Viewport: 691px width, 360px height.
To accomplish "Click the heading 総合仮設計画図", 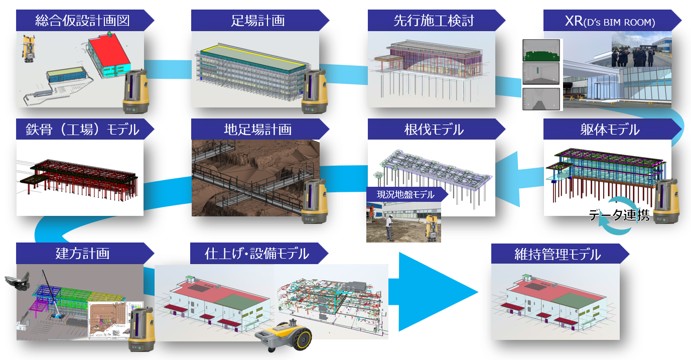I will tap(83, 21).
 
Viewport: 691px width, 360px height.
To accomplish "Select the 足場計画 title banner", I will tap(258, 21).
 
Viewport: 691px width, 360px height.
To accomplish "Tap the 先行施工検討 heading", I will tap(434, 21).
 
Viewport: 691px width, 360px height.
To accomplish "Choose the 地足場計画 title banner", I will tap(258, 130).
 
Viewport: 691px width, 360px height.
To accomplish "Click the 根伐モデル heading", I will tap(434, 130).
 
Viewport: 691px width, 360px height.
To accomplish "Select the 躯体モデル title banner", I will tap(610, 130).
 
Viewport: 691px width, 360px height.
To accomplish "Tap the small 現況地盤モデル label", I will tap(405, 194).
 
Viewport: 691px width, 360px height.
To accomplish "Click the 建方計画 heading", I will tap(83, 253).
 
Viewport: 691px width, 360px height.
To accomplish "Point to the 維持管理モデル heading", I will tap(557, 254).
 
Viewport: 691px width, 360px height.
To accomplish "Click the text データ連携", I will tap(619, 215).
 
